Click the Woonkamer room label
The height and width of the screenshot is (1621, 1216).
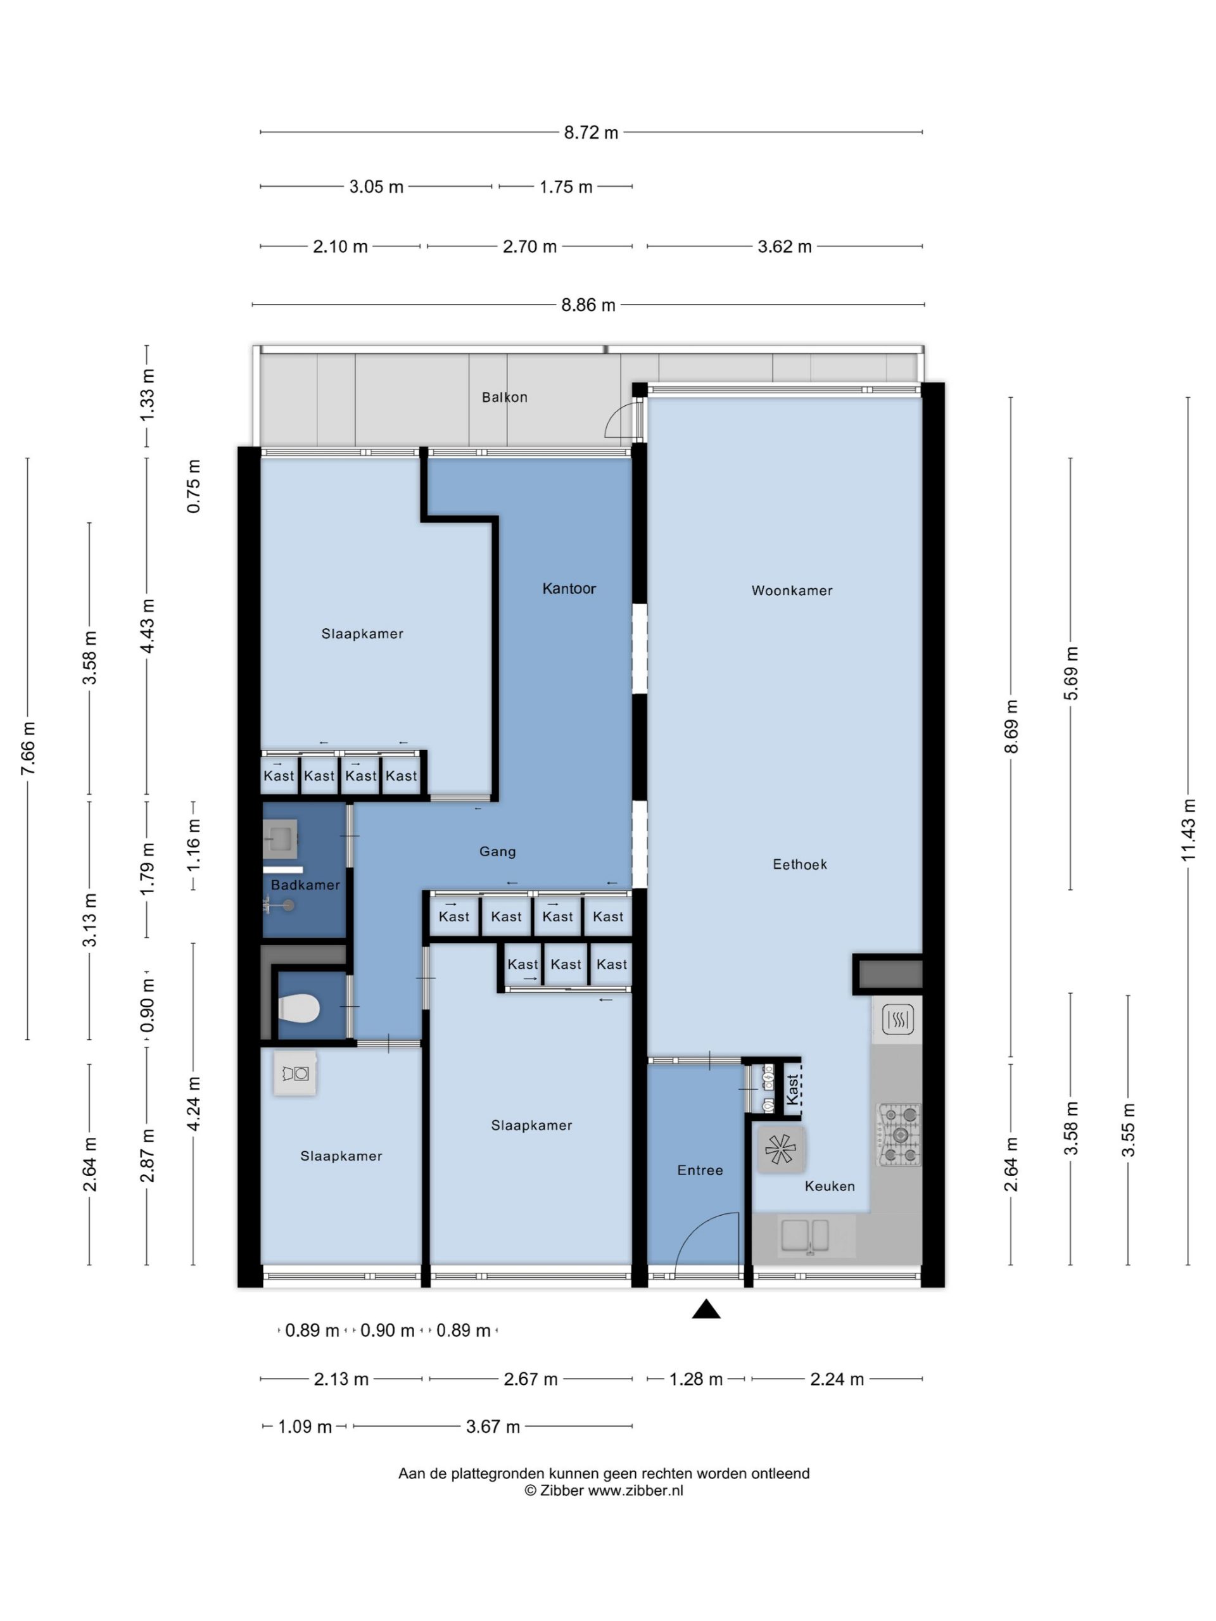pos(792,591)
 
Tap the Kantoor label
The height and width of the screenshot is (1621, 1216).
pos(569,588)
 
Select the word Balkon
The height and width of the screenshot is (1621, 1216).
pos(504,397)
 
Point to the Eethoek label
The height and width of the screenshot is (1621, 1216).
pos(800,865)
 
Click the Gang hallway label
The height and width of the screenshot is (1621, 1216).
pos(498,852)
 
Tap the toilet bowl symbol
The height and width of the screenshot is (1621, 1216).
pos(299,1008)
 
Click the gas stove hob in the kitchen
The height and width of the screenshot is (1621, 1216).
pos(899,1135)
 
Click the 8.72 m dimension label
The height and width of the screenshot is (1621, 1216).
pos(591,132)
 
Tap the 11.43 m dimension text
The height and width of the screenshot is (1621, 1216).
pos(1188,831)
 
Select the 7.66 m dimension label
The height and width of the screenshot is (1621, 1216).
pos(28,748)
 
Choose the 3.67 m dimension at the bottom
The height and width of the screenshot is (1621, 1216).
pos(493,1427)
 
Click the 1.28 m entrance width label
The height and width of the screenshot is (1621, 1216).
pos(696,1379)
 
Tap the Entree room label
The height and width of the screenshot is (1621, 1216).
pos(700,1171)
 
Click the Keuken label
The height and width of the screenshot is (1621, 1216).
pos(830,1187)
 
